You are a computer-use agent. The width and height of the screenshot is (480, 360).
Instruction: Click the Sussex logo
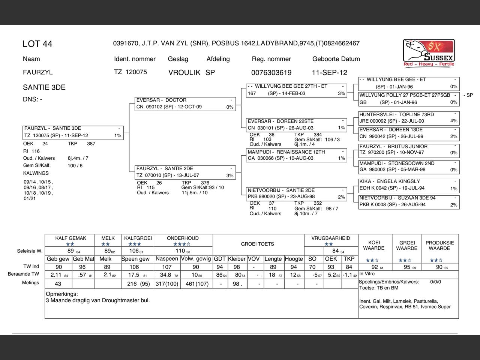click(429, 53)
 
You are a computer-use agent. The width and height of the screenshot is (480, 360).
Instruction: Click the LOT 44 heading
click(37, 44)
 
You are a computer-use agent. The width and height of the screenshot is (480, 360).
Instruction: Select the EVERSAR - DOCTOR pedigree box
click(185, 103)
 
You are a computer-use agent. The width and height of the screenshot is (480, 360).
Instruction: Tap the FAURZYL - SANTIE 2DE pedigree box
click(185, 172)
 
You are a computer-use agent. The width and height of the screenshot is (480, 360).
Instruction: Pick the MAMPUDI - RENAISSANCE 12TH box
click(296, 155)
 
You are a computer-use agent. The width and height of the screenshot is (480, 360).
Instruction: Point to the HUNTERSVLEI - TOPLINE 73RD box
click(409, 118)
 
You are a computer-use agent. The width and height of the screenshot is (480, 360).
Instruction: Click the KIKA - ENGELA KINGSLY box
click(409, 185)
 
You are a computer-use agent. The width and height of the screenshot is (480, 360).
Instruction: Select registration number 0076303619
click(271, 72)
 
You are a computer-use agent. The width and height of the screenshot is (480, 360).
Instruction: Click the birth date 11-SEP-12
click(329, 72)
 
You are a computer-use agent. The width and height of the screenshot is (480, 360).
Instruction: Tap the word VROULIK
click(184, 72)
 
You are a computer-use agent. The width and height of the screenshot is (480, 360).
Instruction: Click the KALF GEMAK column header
click(70, 238)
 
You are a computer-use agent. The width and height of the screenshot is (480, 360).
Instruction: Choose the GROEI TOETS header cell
click(258, 244)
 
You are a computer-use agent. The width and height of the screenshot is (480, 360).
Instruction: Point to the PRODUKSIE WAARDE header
click(439, 245)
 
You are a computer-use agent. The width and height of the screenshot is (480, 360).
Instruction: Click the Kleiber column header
click(237, 259)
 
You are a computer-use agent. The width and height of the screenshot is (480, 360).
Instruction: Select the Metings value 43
click(58, 284)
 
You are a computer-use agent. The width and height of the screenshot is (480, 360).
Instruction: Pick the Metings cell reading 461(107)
click(196, 284)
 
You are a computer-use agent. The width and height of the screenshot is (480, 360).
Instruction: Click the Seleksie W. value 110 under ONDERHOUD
click(180, 251)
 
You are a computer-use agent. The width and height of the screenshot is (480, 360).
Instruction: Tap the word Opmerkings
click(62, 294)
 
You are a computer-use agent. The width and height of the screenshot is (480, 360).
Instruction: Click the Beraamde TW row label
click(23, 274)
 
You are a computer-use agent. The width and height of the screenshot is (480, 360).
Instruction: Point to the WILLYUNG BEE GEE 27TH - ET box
click(296, 90)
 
